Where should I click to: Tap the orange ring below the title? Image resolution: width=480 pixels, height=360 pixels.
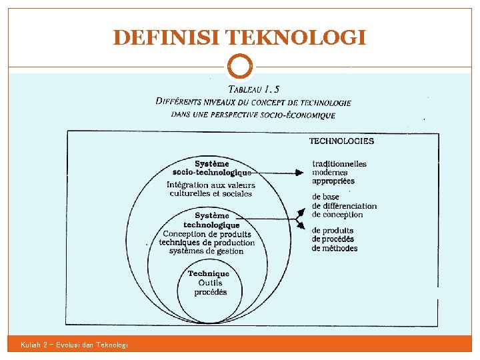tap(240, 66)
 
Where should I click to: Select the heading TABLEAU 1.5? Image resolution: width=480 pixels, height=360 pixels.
tap(254, 89)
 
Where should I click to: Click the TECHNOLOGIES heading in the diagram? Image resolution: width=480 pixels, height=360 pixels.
tap(341, 141)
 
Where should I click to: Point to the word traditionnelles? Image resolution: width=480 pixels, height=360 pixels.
tap(339, 164)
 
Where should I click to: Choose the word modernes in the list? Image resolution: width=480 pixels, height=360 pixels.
tap(330, 173)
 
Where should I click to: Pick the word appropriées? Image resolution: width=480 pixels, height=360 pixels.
tap(333, 181)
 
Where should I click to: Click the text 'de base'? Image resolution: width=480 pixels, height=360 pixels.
tap(325, 197)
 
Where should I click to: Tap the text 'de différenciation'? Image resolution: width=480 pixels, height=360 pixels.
tap(344, 206)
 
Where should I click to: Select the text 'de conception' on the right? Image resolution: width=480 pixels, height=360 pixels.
tap(337, 215)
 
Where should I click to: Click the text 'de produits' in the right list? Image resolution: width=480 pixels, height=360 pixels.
tap(333, 231)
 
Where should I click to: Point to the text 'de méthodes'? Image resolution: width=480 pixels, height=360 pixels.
tap(335, 248)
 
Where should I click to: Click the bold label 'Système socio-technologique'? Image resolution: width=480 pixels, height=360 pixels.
tap(211, 168)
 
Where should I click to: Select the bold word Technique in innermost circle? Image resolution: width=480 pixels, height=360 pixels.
tap(209, 273)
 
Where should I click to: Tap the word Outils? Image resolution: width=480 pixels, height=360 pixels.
tap(210, 283)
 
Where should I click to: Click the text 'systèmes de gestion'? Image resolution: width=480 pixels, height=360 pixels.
tap(206, 251)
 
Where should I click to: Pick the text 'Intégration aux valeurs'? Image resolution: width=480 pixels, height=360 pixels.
tap(211, 185)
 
